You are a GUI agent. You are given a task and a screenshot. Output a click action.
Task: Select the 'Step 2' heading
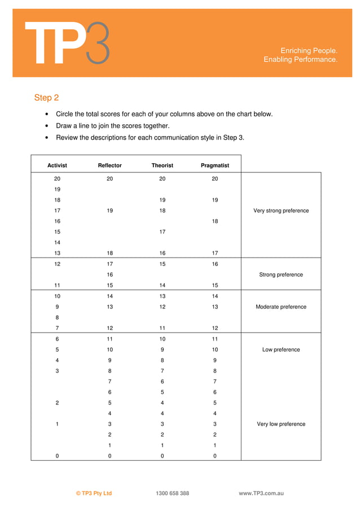pyautogui.click(x=46, y=98)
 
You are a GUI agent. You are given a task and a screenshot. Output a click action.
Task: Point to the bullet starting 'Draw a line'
pyautogui.click(x=112, y=126)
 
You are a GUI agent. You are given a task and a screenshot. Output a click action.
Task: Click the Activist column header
pyautogui.click(x=57, y=165)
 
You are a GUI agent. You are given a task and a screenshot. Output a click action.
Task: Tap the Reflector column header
pyautogui.click(x=109, y=165)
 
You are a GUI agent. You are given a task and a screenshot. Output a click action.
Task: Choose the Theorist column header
pyautogui.click(x=162, y=165)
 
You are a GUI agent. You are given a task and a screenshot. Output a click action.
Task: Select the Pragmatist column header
pyautogui.click(x=215, y=165)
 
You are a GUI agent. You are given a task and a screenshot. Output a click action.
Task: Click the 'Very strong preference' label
pyautogui.click(x=281, y=211)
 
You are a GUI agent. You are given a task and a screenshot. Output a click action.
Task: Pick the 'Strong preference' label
pyautogui.click(x=281, y=274)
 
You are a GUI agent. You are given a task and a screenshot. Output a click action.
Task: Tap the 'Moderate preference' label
pyautogui.click(x=281, y=307)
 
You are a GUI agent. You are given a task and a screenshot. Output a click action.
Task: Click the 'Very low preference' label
pyautogui.click(x=281, y=424)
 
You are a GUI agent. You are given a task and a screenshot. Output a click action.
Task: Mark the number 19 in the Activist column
pyautogui.click(x=57, y=190)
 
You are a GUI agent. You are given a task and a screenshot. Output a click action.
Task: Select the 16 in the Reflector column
pyautogui.click(x=109, y=274)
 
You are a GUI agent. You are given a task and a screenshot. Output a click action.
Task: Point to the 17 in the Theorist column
pyautogui.click(x=162, y=232)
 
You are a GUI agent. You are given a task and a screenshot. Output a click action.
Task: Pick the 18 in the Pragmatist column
pyautogui.click(x=215, y=221)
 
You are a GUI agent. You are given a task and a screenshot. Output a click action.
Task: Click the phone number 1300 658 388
pyautogui.click(x=172, y=493)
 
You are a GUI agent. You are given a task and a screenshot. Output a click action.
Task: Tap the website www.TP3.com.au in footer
pyautogui.click(x=261, y=493)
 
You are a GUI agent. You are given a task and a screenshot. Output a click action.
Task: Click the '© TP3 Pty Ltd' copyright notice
pyautogui.click(x=94, y=493)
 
